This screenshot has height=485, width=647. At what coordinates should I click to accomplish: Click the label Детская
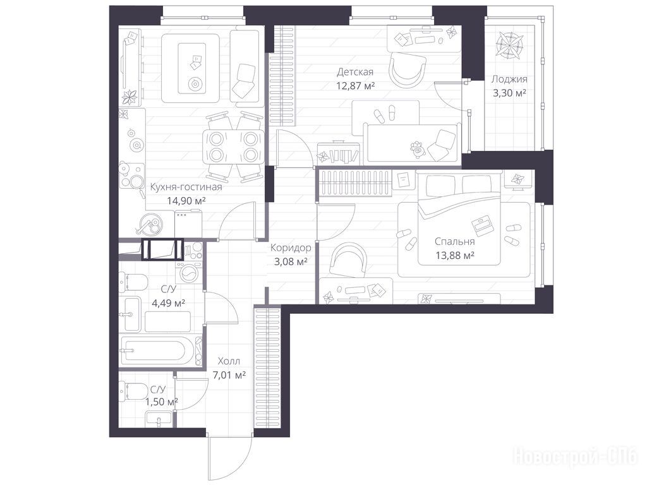tap(355, 72)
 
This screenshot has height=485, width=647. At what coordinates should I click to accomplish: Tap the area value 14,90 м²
tap(186, 201)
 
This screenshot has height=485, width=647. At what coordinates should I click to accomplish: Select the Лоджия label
tap(509, 79)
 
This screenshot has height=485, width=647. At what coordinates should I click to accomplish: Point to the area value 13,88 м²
tap(455, 256)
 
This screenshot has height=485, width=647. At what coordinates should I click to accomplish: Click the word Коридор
tap(291, 248)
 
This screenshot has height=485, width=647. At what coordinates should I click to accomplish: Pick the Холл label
tap(229, 361)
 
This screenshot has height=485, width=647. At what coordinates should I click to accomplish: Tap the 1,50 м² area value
tap(161, 402)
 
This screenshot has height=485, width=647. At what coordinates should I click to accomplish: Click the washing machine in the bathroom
tap(188, 273)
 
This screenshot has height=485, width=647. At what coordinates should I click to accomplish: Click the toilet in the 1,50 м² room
tap(132, 390)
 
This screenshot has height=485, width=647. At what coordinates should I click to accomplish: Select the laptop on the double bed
tap(481, 225)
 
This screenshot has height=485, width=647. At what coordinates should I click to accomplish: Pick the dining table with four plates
tap(233, 147)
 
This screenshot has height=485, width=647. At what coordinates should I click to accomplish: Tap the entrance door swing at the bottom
tap(231, 458)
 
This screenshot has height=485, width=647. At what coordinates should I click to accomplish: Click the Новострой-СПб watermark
tap(576, 457)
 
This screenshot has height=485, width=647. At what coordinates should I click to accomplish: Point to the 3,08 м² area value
tap(291, 261)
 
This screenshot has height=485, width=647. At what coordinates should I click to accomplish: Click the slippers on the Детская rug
tap(385, 112)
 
